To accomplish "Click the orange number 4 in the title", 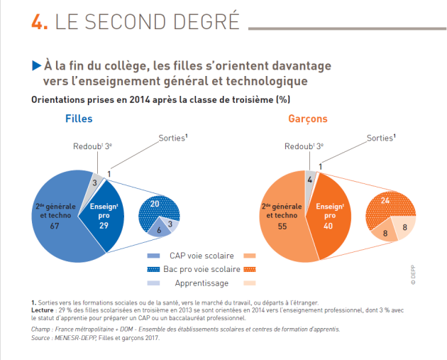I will pyautogui.click(x=40, y=22).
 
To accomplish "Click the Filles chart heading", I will pyautogui.click(x=79, y=119).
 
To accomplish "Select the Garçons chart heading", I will pyautogui.click(x=307, y=119).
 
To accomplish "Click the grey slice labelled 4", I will pyautogui.click(x=309, y=180).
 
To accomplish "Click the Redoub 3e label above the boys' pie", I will pyautogui.click(x=303, y=146).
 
